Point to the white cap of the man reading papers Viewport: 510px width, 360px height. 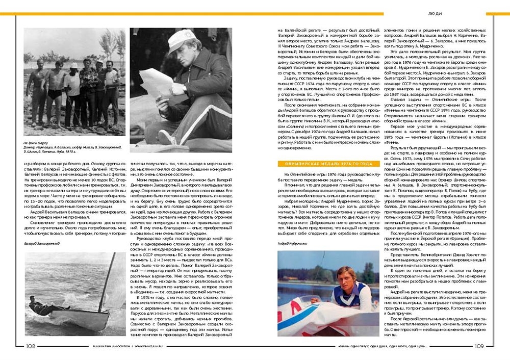pyautogui.click(x=182, y=38)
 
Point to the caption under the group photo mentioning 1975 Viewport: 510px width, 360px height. pyautogui.click(x=71, y=148)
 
